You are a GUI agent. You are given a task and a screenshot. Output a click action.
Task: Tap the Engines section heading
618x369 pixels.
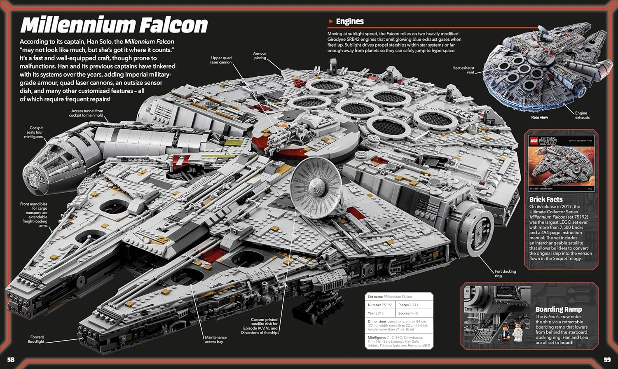[x=349, y=21]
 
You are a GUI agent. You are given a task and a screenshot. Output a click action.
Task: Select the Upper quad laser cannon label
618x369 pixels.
[x=221, y=60]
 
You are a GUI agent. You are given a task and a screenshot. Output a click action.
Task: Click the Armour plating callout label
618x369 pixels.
[x=260, y=56]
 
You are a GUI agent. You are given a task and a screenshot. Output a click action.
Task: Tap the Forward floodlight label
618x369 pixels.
[x=36, y=339]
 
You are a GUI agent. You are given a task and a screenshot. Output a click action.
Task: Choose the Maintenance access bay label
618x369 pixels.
[x=215, y=339]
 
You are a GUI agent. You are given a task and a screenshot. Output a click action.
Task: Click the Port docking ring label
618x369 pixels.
[x=505, y=273]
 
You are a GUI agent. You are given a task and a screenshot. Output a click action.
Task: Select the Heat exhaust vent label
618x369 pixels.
[x=463, y=70]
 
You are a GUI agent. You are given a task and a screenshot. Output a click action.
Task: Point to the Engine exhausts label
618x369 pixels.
[x=582, y=115]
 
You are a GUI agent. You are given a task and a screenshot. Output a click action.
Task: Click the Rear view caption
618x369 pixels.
[x=539, y=117]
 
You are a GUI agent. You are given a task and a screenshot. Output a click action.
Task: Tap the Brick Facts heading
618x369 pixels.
[x=546, y=199]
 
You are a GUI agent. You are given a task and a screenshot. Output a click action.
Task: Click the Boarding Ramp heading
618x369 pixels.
[x=558, y=309]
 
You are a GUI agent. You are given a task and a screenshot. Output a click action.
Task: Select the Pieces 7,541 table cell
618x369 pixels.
[x=414, y=305]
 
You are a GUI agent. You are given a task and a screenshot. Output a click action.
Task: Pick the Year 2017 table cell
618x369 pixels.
[x=380, y=313]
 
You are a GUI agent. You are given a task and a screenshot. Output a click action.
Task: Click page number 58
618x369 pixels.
[x=11, y=360]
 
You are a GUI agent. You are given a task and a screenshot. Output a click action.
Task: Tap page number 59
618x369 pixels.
[x=607, y=360]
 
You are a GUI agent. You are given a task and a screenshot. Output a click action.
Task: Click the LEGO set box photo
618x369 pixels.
[x=561, y=163]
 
